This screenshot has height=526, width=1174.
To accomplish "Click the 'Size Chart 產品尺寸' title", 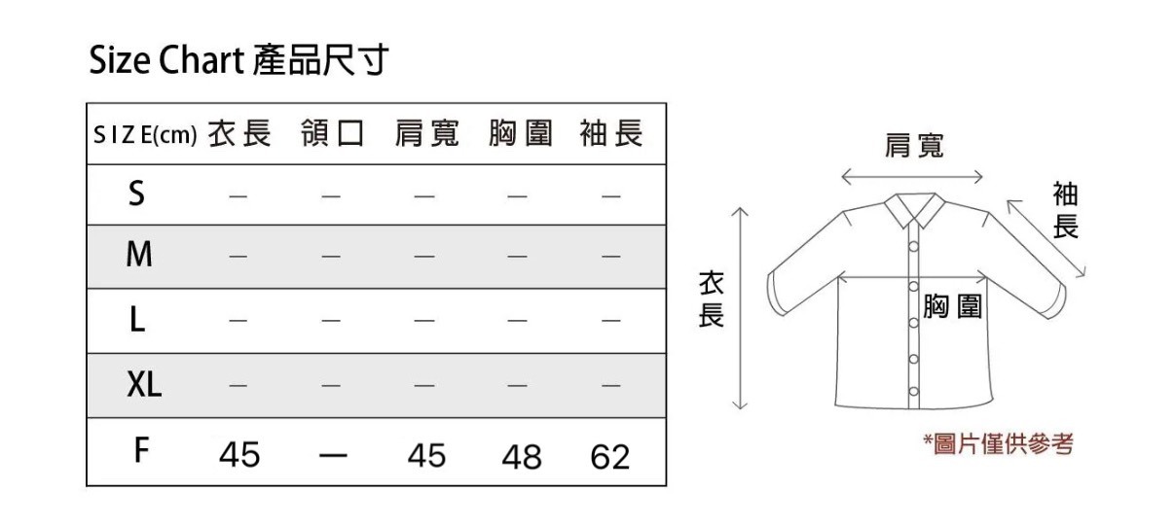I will coord(238,61).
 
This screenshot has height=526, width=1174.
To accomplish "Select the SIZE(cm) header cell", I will coord(145,134).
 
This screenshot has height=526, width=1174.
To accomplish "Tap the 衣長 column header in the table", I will coord(239,134).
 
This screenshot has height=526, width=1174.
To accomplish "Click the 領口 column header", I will coord(332,134).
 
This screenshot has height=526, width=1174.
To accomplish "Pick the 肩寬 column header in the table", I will coord(425,134).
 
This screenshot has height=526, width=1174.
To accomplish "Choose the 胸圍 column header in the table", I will coord(520,134).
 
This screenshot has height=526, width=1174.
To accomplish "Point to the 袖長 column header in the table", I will coord(611,134).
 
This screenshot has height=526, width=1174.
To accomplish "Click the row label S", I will coord(137,195).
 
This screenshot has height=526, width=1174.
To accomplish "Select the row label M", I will coord(139,257).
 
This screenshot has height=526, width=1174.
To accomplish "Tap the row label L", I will coord(137,321).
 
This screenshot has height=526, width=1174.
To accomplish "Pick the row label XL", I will coord(144,386).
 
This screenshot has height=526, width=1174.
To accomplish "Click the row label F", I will coord(140,451).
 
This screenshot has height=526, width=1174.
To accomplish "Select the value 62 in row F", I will coord(610,456).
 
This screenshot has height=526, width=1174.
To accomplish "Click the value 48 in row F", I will coord(521,456).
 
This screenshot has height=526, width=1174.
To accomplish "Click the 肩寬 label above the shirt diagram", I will coord(913,146).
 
